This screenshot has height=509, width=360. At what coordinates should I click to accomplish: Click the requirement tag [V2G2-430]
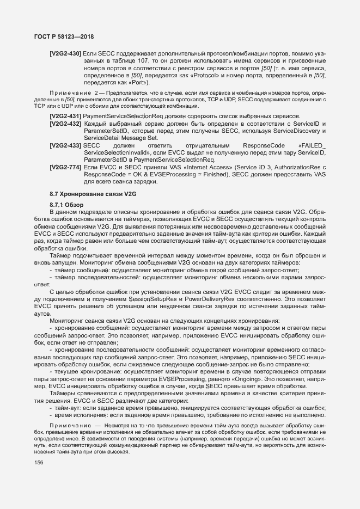click(65, 53)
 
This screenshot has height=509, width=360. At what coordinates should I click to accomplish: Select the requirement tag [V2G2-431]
click(65, 116)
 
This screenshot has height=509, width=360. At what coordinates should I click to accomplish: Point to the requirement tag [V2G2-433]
click(65, 146)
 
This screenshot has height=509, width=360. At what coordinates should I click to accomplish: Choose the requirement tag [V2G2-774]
click(65, 167)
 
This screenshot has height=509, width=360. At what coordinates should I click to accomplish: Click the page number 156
click(39, 462)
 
